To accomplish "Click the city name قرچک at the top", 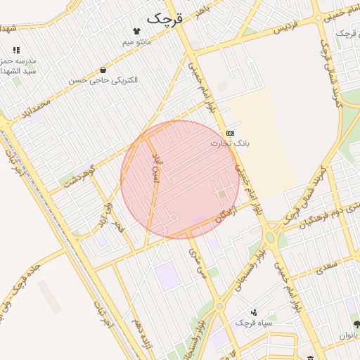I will pos(165,18).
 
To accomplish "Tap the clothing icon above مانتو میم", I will pos(136,31).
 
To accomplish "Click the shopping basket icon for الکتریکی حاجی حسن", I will pos(103,70).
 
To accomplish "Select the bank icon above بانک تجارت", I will pos(230,132).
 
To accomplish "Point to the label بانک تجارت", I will pos(230,143).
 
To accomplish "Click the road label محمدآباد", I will pos(36,109).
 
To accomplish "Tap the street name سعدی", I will pos(328,266).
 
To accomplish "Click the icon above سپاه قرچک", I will pos(254,311).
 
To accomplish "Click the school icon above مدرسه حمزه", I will pos(15,51).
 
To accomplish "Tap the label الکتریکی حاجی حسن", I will pos(103,81).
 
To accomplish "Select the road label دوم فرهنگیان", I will pos(325,214).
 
